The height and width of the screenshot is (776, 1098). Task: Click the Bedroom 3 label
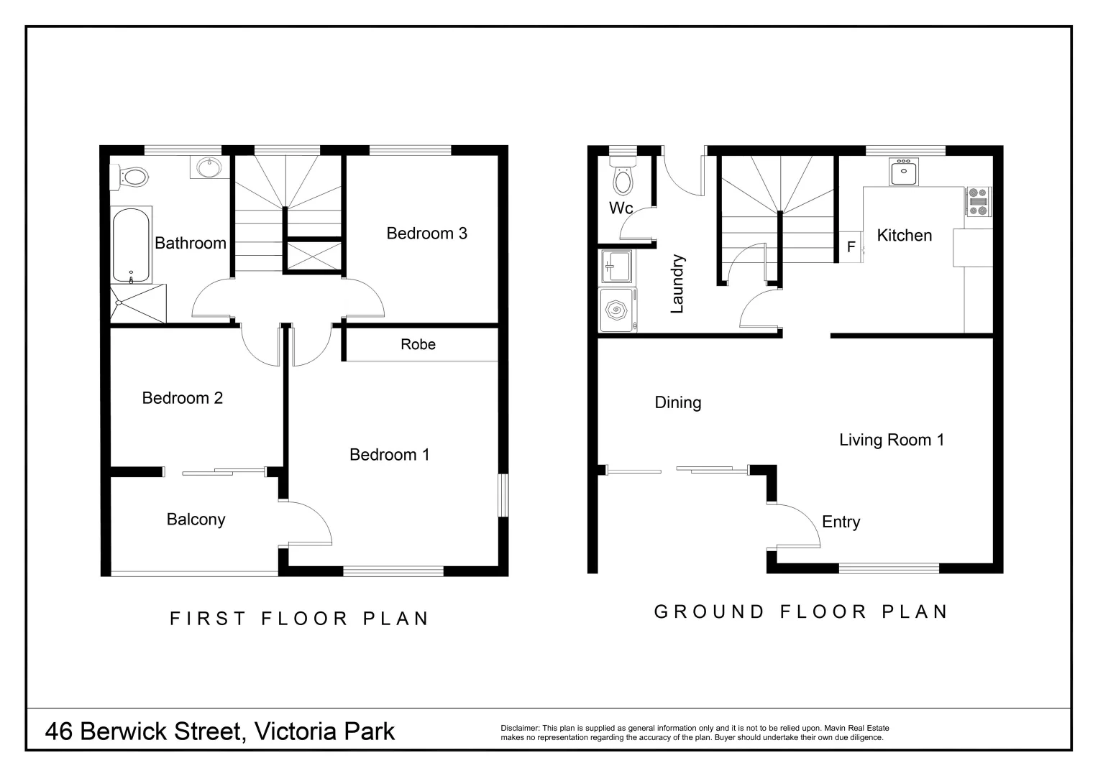click(426, 233)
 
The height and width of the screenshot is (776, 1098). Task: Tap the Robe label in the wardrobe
click(418, 344)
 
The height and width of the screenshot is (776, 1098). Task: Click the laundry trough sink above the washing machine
click(617, 267)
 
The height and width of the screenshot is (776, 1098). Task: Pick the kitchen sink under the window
click(903, 172)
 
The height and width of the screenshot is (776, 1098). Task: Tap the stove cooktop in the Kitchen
click(979, 201)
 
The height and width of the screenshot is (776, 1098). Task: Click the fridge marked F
click(851, 247)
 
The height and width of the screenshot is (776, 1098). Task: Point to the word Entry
click(841, 522)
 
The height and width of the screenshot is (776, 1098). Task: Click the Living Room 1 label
click(891, 440)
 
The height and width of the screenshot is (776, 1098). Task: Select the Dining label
click(677, 402)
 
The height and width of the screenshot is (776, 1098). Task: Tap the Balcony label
click(196, 519)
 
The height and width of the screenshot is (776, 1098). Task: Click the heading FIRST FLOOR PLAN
click(299, 618)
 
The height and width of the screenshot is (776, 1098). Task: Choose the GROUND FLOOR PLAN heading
click(801, 611)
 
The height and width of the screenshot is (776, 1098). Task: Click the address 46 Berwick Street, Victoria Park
click(220, 731)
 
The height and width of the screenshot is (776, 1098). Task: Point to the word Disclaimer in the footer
click(519, 728)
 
